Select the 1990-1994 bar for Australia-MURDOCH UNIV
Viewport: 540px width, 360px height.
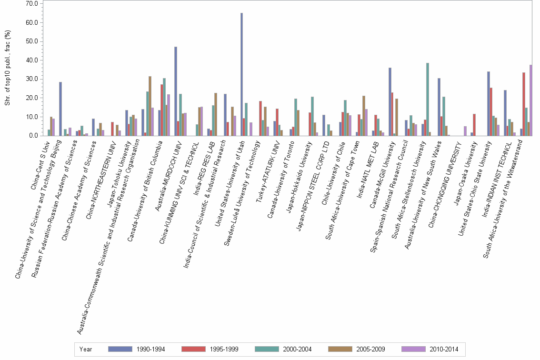click(176, 91)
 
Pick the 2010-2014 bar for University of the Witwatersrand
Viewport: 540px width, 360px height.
click(531, 100)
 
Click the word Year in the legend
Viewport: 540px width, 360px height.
click(86, 350)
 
